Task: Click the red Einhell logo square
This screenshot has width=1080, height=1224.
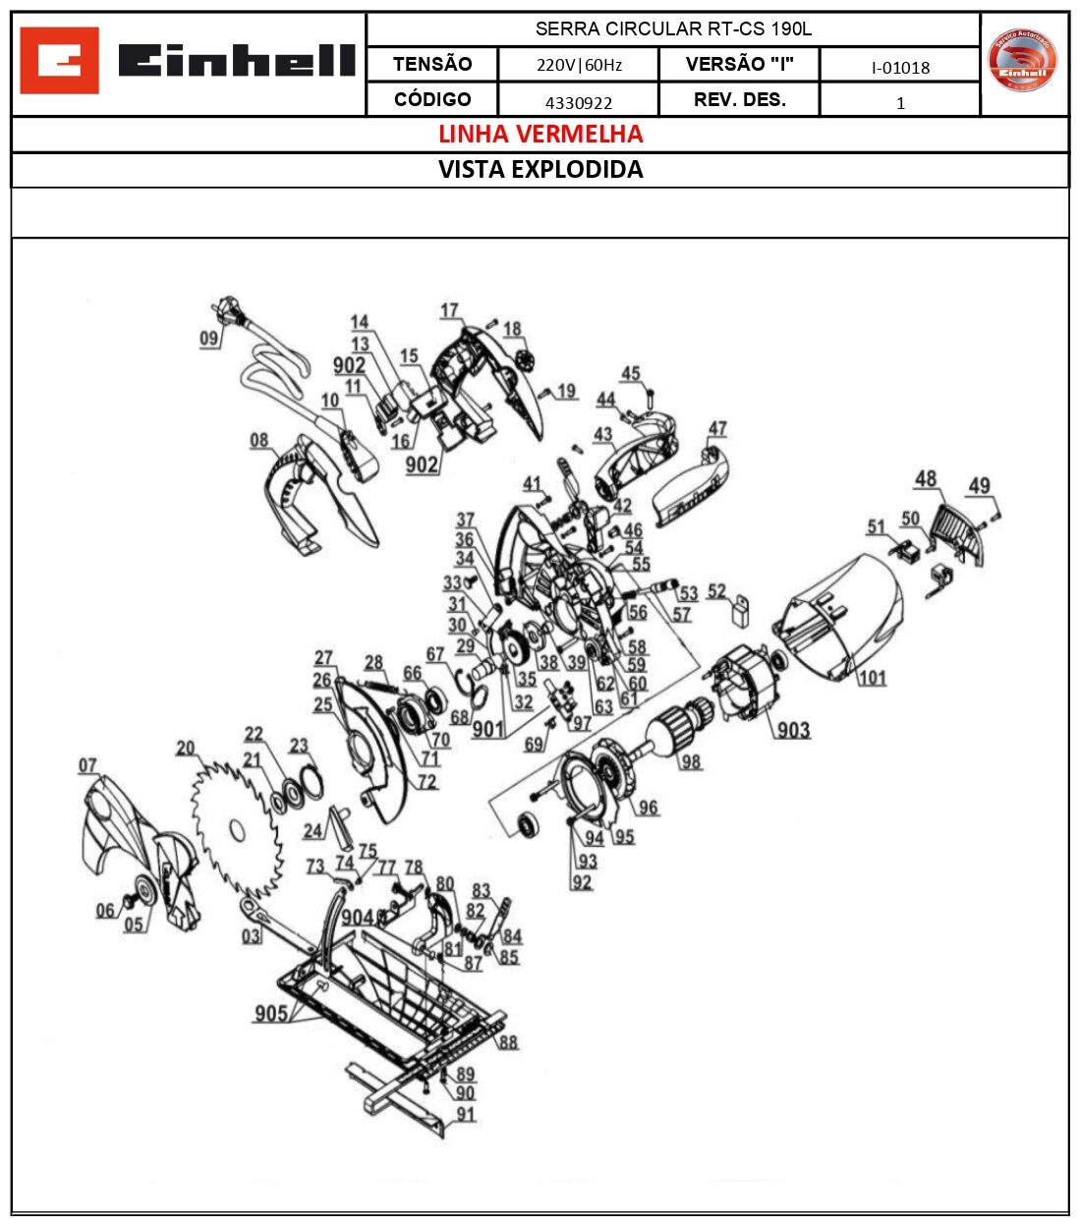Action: pos(59,61)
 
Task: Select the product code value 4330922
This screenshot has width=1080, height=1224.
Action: pos(578,102)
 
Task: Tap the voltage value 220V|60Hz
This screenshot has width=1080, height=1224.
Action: pos(578,66)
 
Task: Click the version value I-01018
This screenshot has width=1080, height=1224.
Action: pos(899,67)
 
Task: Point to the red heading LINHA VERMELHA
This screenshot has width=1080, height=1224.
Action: pos(540,135)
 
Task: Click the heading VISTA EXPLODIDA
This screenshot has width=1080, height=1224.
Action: pos(540,170)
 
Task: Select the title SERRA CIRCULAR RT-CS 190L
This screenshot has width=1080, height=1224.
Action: pos(672,29)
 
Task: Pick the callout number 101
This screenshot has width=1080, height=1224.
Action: pos(872,678)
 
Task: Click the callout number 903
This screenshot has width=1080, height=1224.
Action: pos(793,730)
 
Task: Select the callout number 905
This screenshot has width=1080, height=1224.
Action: pos(271,1013)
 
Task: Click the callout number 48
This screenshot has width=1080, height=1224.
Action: pos(926,478)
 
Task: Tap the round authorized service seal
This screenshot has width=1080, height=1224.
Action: pos(1023,61)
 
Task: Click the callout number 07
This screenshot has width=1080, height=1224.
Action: pos(88,765)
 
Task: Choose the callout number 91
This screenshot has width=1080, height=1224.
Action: pos(465,1114)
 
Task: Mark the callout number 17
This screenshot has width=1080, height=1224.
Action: pos(449,310)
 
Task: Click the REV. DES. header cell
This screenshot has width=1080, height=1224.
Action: pos(739,100)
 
